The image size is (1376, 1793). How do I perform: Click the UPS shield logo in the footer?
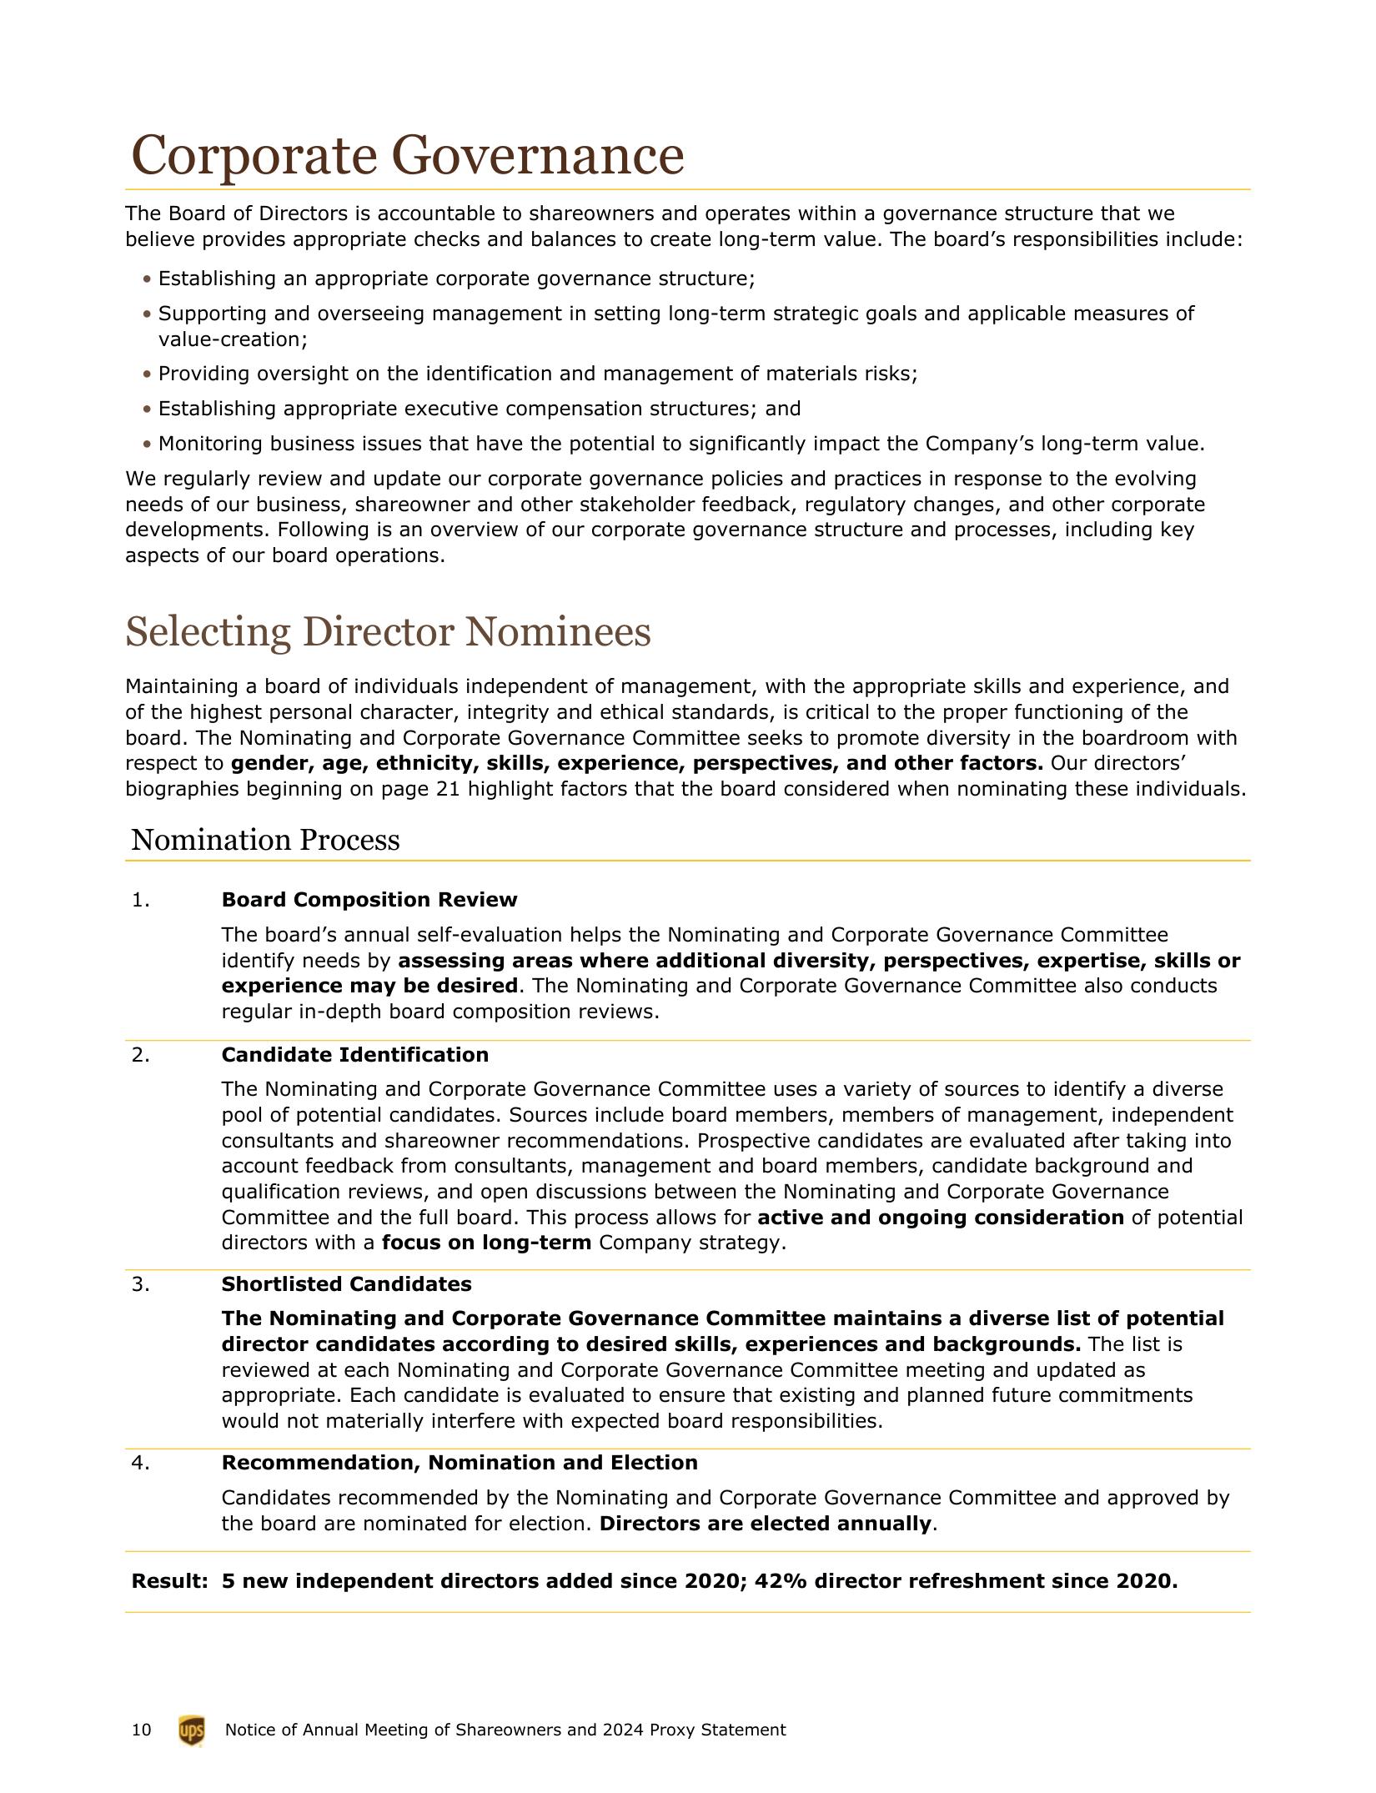click(191, 1730)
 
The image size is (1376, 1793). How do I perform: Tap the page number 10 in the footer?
click(142, 1730)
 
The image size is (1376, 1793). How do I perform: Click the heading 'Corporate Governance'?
click(408, 155)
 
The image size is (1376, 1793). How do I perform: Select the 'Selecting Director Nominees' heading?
click(388, 631)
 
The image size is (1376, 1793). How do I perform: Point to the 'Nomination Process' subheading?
click(265, 840)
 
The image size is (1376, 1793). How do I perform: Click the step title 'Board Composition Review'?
click(369, 900)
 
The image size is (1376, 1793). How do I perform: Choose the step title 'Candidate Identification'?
click(354, 1055)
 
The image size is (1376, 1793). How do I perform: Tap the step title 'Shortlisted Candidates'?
click(346, 1284)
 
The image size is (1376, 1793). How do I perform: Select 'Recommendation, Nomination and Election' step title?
click(459, 1463)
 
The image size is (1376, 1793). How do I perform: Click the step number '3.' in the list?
click(141, 1284)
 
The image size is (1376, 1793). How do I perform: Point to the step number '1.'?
click(141, 900)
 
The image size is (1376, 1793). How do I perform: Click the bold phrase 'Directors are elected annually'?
click(765, 1524)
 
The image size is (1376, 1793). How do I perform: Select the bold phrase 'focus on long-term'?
click(486, 1243)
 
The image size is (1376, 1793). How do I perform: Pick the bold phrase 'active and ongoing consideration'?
click(940, 1218)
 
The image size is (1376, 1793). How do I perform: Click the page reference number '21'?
click(448, 789)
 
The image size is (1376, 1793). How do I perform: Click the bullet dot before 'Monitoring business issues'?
click(148, 444)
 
